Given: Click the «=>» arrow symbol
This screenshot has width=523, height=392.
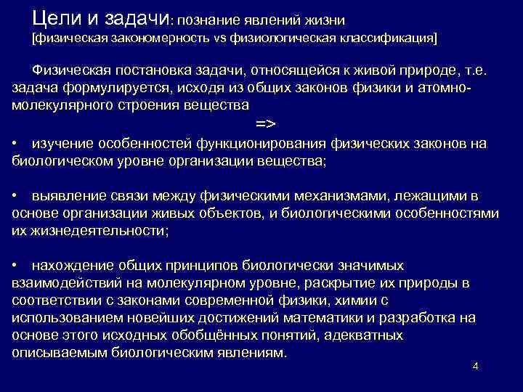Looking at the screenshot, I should (x=267, y=123).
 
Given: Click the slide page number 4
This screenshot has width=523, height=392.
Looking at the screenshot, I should (x=475, y=366).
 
